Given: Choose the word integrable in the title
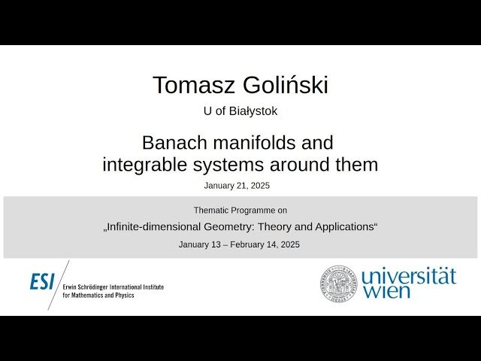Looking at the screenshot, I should [x=150, y=164].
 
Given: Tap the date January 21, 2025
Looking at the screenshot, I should [x=237, y=185].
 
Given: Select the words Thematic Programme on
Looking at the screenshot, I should [x=240, y=211].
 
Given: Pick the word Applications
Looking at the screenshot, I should [x=343, y=226].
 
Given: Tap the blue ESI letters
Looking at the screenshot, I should [x=42, y=281].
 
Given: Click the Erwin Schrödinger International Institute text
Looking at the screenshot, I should [x=113, y=287].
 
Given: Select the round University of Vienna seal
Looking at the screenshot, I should [x=339, y=283].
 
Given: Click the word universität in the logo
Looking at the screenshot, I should [x=408, y=276].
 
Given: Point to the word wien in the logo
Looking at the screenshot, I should [x=388, y=292].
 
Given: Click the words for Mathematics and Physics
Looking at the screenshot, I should [x=98, y=296].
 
